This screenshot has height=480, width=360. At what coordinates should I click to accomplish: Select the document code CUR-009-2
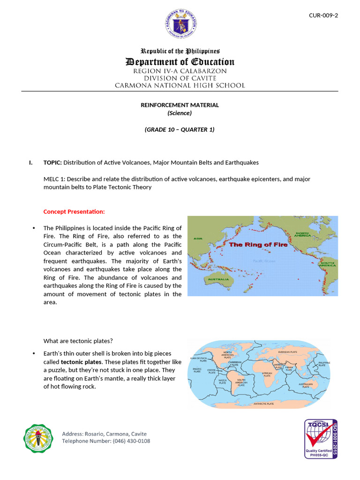(323, 15)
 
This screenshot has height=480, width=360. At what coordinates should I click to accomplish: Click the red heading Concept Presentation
(74, 211)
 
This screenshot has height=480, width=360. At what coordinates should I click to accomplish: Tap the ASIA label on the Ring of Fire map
(198, 239)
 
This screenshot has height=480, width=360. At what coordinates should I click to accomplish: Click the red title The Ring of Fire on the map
(253, 245)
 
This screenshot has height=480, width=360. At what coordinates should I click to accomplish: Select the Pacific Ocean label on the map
(264, 261)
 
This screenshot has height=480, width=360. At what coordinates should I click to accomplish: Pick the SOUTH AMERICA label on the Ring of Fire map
(328, 264)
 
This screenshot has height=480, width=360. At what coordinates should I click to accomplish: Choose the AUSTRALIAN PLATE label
(306, 385)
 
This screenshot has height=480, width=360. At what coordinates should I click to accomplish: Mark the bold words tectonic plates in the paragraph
(81, 362)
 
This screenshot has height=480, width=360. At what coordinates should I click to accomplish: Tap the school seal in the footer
(38, 439)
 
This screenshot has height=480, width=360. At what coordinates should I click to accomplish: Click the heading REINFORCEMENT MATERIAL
(180, 105)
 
